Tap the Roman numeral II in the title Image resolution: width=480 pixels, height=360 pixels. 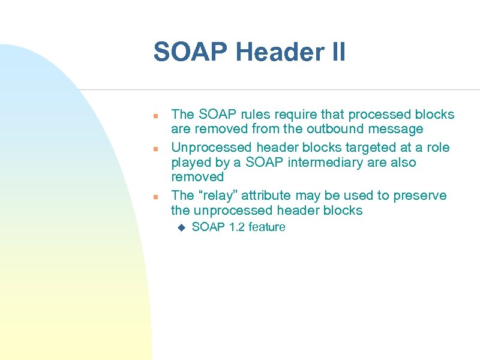tap(338, 52)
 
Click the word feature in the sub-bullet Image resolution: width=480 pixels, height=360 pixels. tap(267, 227)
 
